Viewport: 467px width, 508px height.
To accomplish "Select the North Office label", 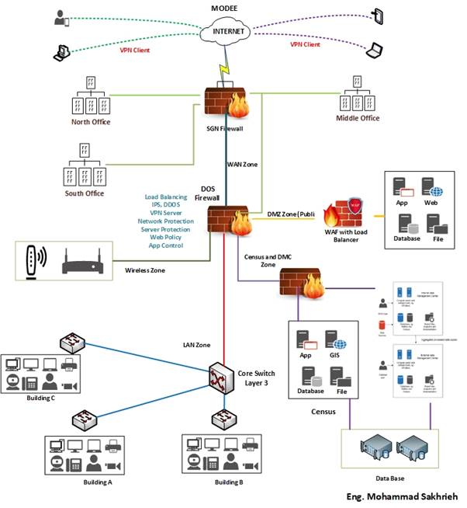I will [91, 122].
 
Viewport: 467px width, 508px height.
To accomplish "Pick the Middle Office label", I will [358, 118].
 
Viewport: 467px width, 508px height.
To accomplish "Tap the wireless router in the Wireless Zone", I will [83, 262].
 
